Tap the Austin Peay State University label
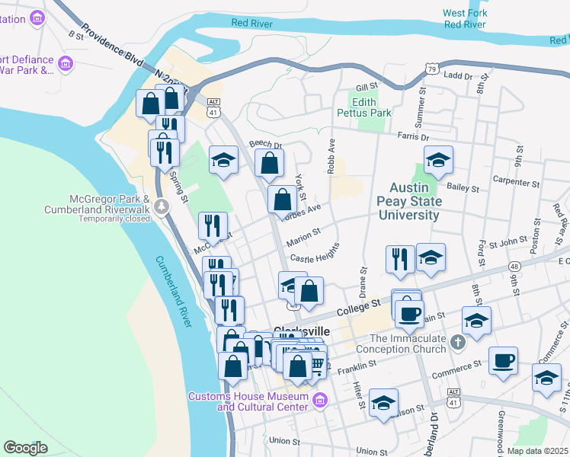415,201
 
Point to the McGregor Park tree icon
161,206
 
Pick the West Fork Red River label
464,18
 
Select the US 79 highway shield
431,69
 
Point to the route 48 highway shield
516,267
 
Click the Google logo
25,447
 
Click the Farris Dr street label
413,137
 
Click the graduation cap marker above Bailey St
438,160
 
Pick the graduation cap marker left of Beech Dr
223,160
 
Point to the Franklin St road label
357,365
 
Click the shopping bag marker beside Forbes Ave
282,200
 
